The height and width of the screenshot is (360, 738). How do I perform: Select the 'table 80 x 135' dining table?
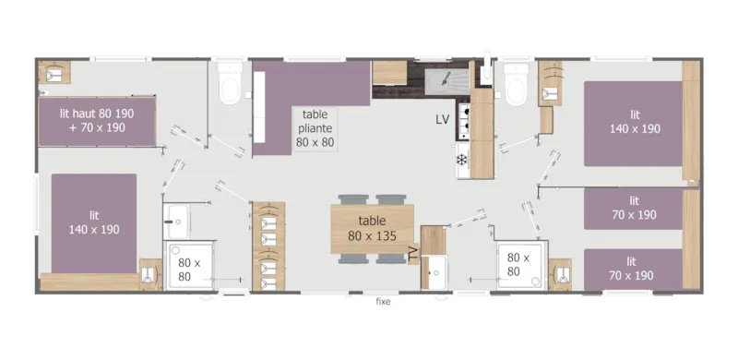click(x=374, y=228)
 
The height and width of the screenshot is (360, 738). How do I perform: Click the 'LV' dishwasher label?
click(x=444, y=120)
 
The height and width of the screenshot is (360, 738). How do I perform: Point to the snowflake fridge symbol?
click(x=462, y=160)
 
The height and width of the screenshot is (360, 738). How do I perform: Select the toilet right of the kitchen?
click(x=516, y=85)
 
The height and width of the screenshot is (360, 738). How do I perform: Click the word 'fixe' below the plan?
click(x=382, y=302)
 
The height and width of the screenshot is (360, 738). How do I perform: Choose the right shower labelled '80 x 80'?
click(x=517, y=266)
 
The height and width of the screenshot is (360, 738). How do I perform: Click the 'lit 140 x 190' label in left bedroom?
click(x=94, y=222)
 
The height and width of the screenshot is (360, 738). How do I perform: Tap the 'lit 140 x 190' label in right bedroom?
click(x=635, y=122)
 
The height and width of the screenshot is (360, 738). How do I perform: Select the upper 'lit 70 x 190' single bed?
click(x=635, y=208)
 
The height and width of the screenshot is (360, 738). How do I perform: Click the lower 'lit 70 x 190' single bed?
click(x=635, y=269)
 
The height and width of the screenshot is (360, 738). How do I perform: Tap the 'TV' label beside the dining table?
click(x=414, y=248)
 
